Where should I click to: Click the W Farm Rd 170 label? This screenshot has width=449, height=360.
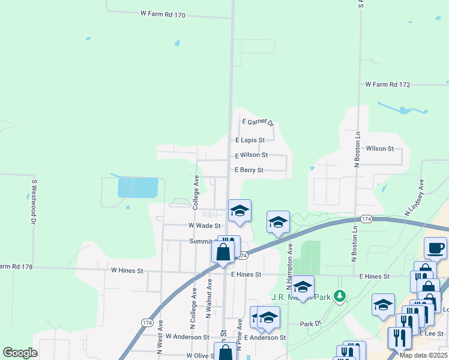163,13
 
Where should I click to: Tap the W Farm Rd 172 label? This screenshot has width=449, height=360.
387,85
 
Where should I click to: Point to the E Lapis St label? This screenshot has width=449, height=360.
250,140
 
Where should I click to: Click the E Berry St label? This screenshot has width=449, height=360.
249,170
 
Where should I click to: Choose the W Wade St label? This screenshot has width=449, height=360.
205,226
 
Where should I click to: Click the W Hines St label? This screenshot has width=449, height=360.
127,271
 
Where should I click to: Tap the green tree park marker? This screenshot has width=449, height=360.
340,296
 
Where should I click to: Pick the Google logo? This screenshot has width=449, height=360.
20,353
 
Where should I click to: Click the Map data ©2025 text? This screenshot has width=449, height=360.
423,355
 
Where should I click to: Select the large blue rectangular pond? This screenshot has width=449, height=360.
139,187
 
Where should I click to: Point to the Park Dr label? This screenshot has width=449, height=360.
310,324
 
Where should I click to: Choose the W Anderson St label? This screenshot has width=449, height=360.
187,337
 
